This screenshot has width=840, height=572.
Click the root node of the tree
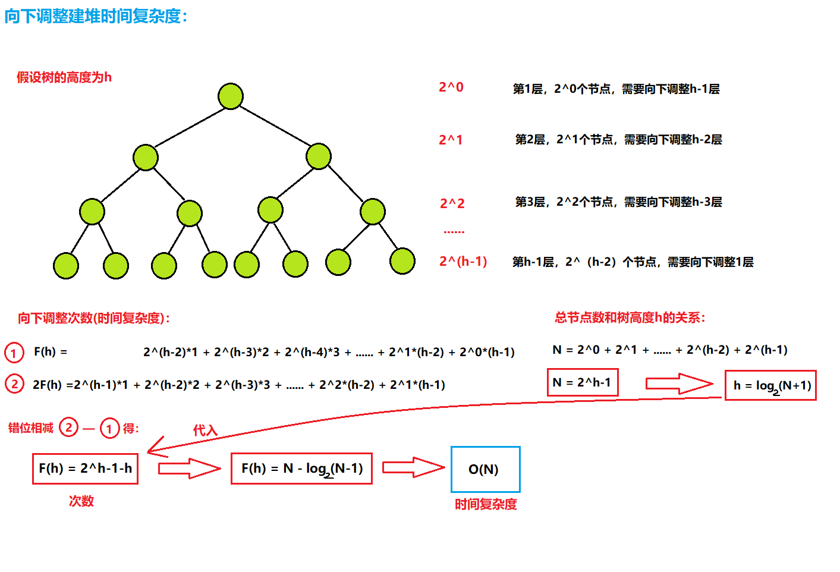pos(231,96)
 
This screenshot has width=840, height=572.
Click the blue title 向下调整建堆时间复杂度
pos(96,16)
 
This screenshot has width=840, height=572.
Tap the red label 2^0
pos(451,87)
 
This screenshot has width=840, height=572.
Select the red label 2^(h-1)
pos(463,262)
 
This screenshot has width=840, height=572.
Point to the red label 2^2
pos(452,203)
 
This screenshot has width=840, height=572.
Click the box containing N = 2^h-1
pos(583,382)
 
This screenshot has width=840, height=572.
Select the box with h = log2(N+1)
pos(770,385)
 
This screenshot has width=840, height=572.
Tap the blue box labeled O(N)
pos(485,469)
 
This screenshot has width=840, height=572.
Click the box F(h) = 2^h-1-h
pos(85,469)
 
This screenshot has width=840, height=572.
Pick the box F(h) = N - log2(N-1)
pos(301,469)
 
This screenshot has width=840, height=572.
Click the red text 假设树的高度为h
pos(64,77)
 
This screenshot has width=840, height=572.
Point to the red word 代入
pos(205,430)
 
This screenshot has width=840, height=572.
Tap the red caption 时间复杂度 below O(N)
pos(486,504)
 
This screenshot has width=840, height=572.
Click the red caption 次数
pos(81,501)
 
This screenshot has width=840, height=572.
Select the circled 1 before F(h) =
pos(14,353)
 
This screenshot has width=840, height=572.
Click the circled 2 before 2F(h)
pos(14,384)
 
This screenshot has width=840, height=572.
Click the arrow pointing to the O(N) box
pos(413,467)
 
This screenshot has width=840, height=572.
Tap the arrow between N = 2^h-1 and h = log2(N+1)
pos(679,384)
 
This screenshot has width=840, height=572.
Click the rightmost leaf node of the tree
pos(402,261)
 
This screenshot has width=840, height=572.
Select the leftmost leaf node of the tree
pos(66,266)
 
